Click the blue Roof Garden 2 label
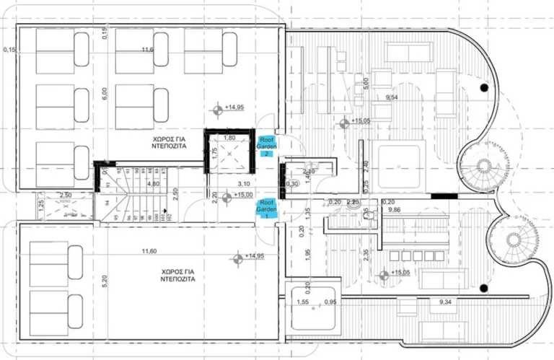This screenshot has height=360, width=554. click(x=266, y=145)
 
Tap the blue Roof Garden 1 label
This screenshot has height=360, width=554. click(x=267, y=208)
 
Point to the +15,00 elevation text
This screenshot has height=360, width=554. click(x=245, y=195)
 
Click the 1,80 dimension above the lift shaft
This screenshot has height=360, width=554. click(x=230, y=137)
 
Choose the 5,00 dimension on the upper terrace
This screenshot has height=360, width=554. click(x=365, y=82)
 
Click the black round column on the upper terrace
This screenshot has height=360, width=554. click(x=484, y=87)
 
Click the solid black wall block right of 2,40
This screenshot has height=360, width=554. click(x=441, y=195)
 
